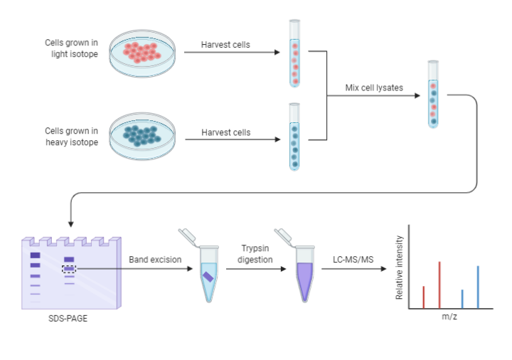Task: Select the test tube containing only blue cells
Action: coord(294,137)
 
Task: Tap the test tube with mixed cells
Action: coord(433,95)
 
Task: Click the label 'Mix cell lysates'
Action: coord(374,88)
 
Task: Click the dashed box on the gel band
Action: coord(69,268)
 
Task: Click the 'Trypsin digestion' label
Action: coord(256,254)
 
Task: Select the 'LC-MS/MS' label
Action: coord(353,260)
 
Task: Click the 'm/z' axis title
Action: coord(449,316)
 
